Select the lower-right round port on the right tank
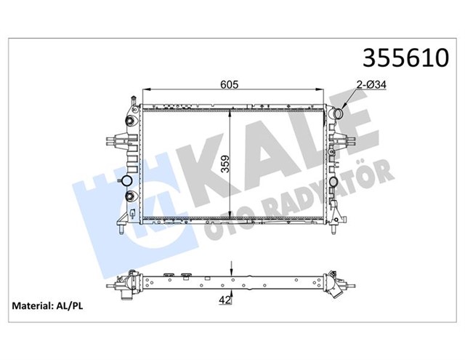[334, 182]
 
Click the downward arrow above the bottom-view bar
[230, 268]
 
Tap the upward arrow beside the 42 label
[230, 290]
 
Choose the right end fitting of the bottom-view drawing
[336, 281]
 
